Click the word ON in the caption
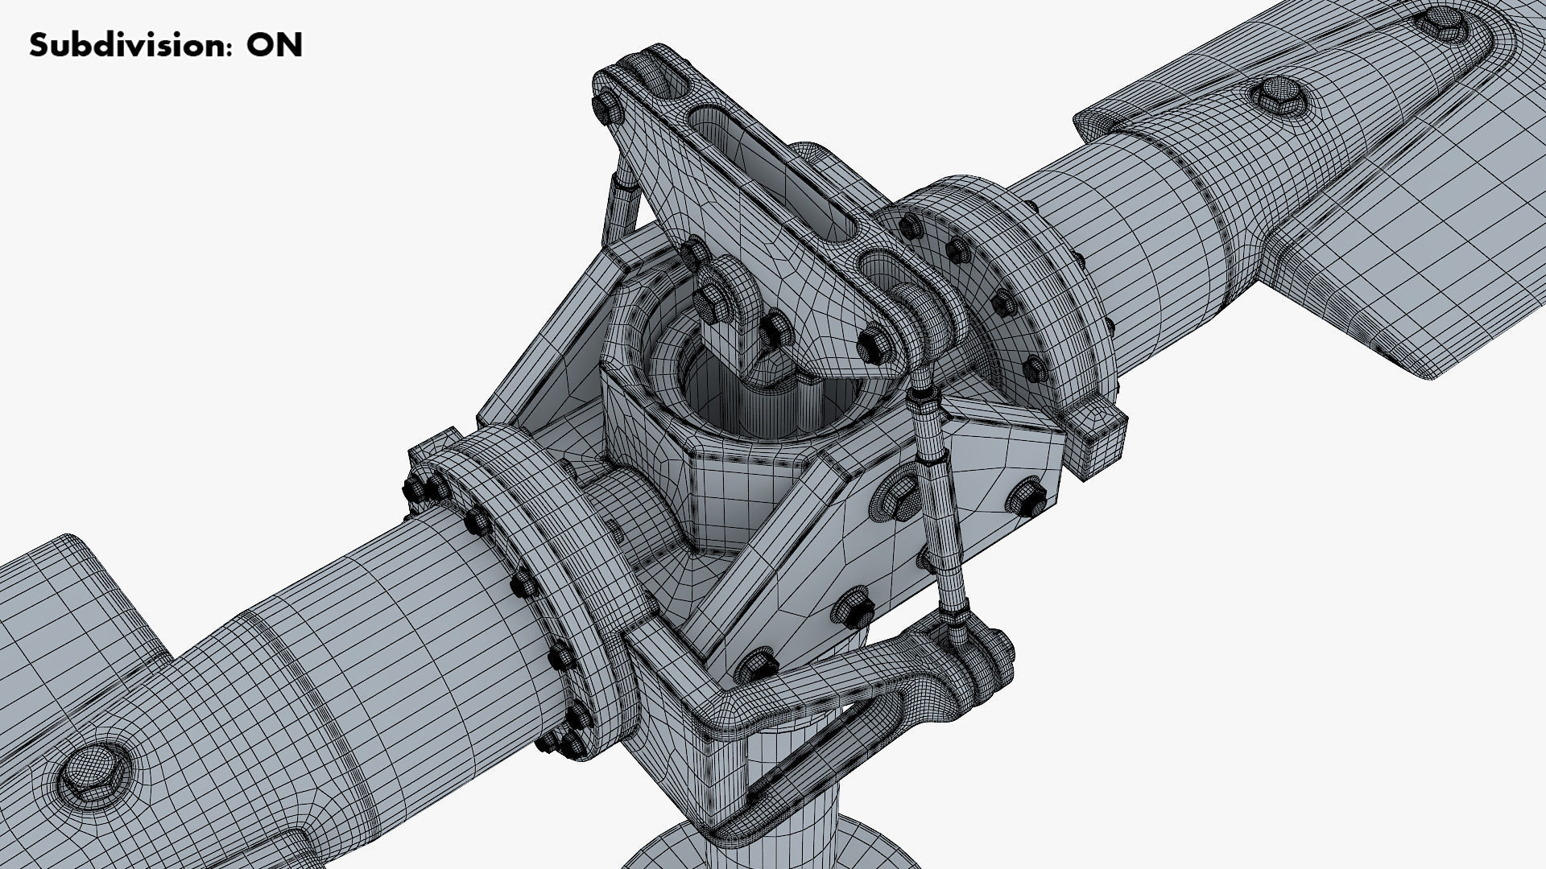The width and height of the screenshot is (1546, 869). coord(275,46)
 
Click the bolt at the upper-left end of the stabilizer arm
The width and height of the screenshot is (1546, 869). coord(606,109)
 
